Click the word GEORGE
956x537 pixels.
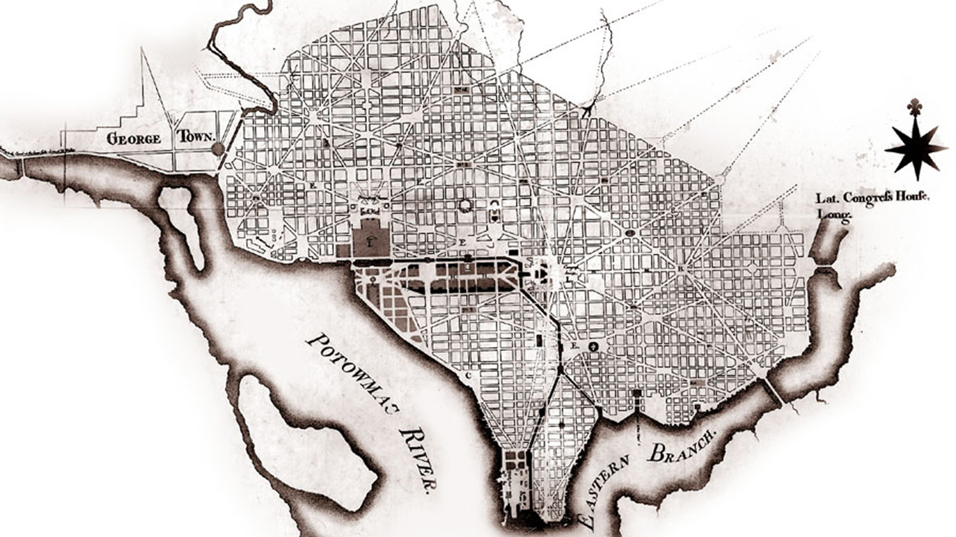click(134, 140)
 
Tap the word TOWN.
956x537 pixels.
click(196, 137)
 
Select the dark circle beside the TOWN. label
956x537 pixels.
click(218, 149)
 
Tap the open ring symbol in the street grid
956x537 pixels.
click(464, 206)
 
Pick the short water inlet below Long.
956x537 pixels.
click(827, 245)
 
